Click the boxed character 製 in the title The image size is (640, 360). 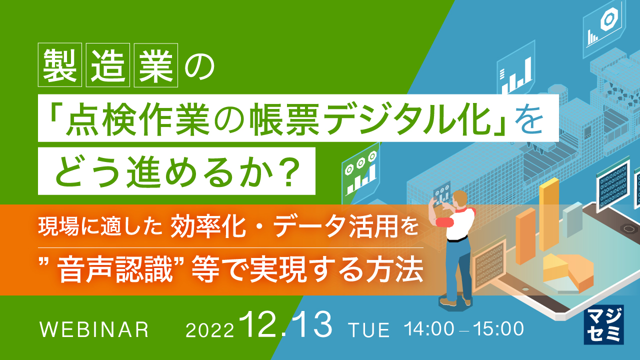[x=60, y=65]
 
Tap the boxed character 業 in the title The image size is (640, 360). [x=156, y=65]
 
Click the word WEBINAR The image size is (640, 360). [x=94, y=330]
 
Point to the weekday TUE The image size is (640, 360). [x=369, y=330]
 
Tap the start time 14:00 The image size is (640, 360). [x=430, y=329]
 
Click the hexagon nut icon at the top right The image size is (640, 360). [x=608, y=19]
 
